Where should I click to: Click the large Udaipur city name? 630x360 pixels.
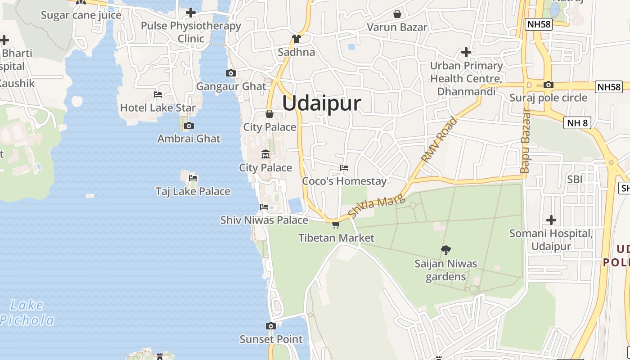tap(321, 103)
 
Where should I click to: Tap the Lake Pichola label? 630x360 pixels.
tap(27, 313)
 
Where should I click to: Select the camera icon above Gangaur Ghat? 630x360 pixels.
tap(230, 73)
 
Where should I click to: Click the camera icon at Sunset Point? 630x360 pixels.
tap(270, 326)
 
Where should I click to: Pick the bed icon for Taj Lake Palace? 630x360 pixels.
tap(193, 178)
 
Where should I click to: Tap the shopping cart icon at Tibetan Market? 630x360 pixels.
tap(336, 225)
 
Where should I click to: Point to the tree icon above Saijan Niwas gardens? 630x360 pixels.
tap(446, 250)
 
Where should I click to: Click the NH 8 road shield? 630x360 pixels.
tap(577, 123)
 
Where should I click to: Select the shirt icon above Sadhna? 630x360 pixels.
tap(296, 39)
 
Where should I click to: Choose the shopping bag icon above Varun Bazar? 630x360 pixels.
tap(397, 14)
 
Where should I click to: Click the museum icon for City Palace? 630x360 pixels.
tap(265, 154)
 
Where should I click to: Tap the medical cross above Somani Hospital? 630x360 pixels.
tap(551, 220)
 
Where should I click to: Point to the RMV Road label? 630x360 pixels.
tap(439, 140)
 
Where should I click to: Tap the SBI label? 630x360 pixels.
tap(575, 179)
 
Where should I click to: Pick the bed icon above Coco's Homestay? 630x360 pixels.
tap(344, 168)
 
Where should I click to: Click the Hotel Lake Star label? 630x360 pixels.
tap(158, 108)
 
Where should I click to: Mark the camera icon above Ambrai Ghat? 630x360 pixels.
tap(189, 126)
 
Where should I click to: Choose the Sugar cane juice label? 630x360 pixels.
tap(81, 15)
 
